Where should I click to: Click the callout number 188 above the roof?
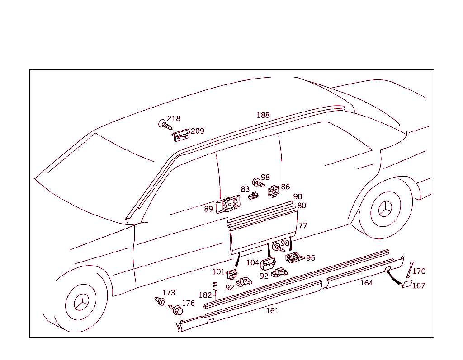263,115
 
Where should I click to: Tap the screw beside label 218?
164,124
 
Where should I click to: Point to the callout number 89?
208,209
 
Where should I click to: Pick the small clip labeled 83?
254,195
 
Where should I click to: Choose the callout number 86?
285,187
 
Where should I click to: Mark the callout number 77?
303,225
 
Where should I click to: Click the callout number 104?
252,262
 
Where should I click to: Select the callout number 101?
218,272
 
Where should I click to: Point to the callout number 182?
205,295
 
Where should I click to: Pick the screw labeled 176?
177,310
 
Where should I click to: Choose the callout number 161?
272,311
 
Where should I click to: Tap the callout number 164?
366,283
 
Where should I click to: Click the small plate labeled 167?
406,284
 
